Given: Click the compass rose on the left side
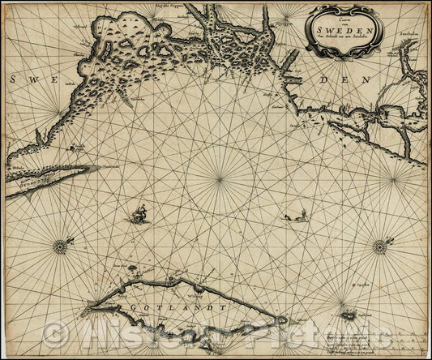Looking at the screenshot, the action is coord(59,246).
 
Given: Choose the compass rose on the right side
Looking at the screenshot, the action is coord(379,246).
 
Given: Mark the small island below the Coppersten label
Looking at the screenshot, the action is coord(350,315).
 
